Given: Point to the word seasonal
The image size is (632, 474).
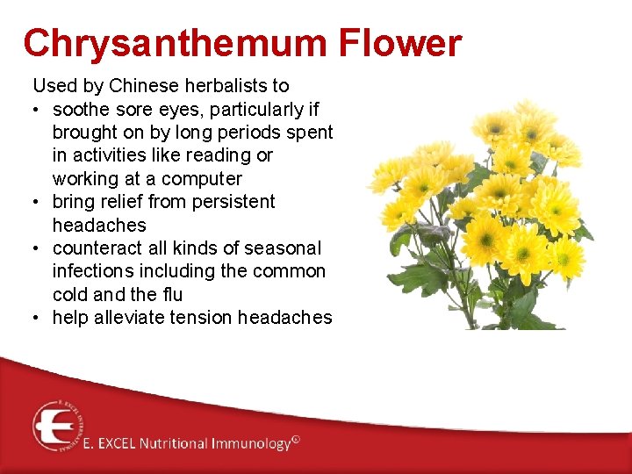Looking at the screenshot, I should pos(283,248).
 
